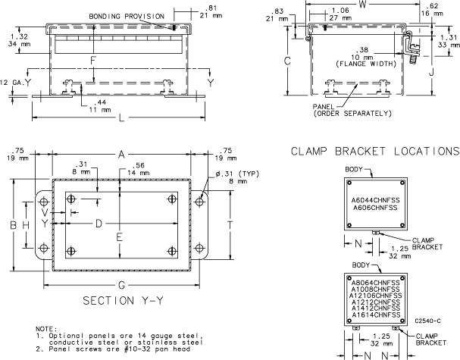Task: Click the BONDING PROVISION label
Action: [126, 16]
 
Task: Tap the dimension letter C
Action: [287, 60]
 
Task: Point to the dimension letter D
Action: [97, 224]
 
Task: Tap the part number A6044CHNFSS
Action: [374, 200]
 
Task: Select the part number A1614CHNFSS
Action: [374, 314]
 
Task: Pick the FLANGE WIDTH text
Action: [371, 64]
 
